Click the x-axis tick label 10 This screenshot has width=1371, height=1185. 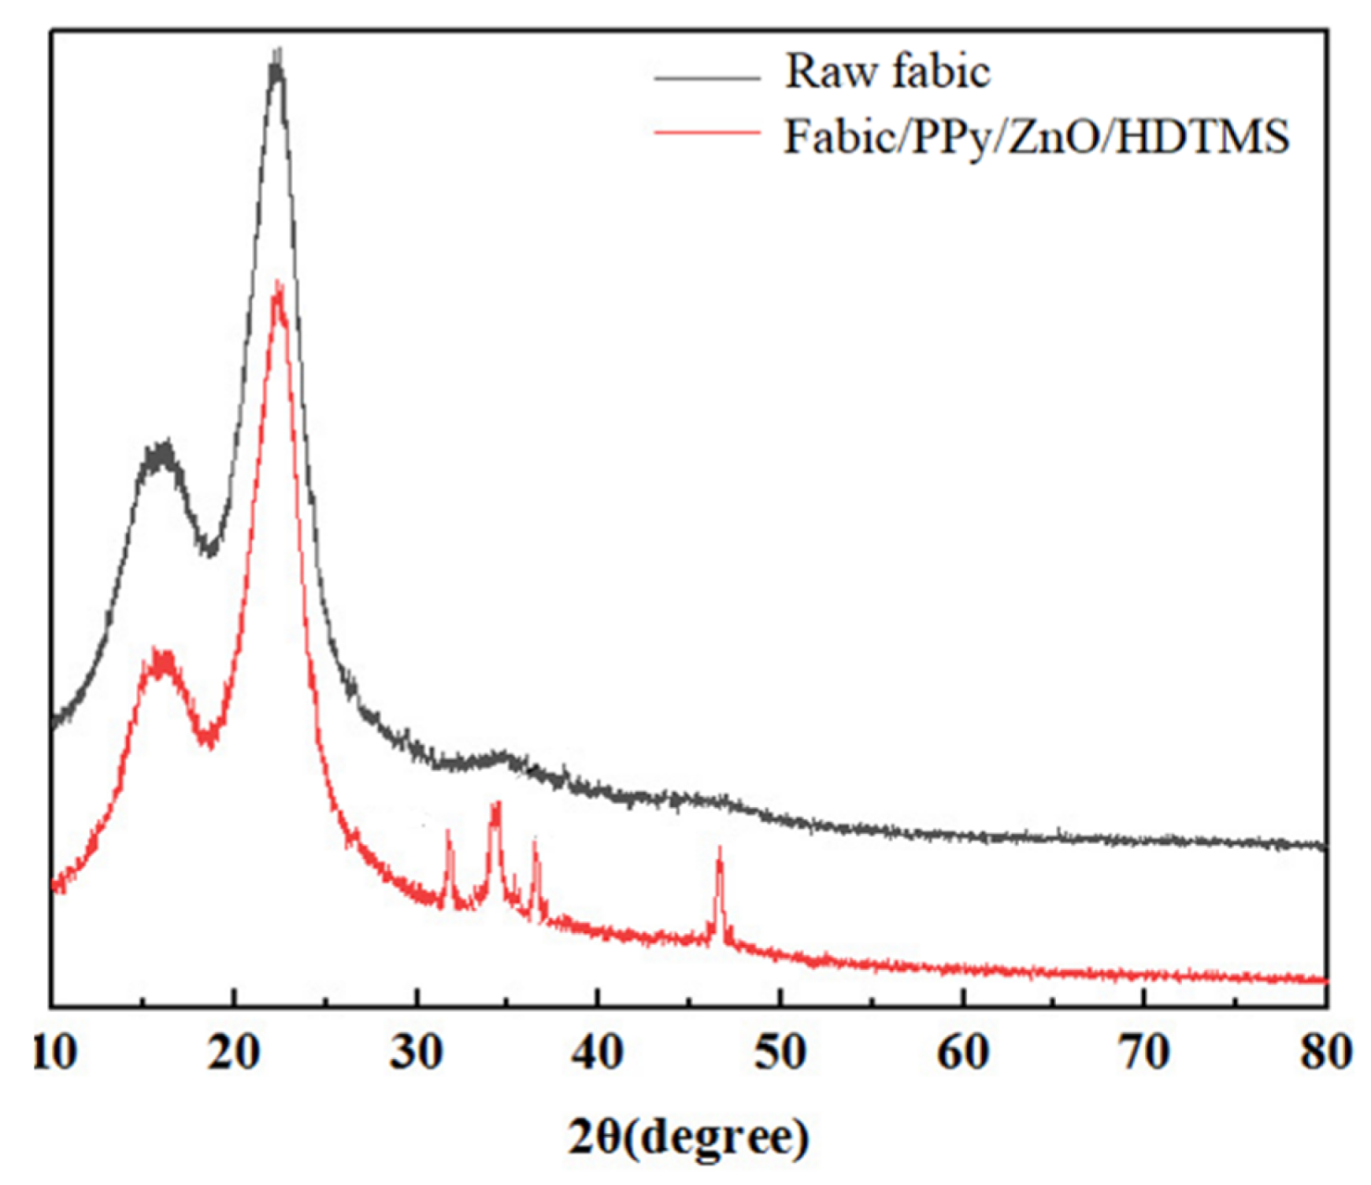pyautogui.click(x=54, y=1053)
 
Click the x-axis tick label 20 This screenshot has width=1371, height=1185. pyautogui.click(x=233, y=1053)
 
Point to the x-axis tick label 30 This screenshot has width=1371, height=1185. pyautogui.click(x=416, y=1053)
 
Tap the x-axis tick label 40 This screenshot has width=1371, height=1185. pyautogui.click(x=597, y=1053)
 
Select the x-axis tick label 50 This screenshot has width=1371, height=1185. pyautogui.click(x=780, y=1053)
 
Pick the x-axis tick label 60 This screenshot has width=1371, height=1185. pyautogui.click(x=962, y=1053)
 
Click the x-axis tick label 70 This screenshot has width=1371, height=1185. pyautogui.click(x=1144, y=1053)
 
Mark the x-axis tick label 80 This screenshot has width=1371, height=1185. pyautogui.click(x=1325, y=1053)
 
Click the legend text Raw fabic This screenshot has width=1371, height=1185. pyautogui.click(x=887, y=71)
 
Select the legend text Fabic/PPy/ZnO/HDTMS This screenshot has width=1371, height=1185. pyautogui.click(x=1036, y=137)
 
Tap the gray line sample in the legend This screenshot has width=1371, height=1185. pyautogui.click(x=706, y=78)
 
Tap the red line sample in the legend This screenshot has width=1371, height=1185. pyautogui.click(x=706, y=133)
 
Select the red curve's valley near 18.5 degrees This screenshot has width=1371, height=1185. pyautogui.click(x=208, y=738)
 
